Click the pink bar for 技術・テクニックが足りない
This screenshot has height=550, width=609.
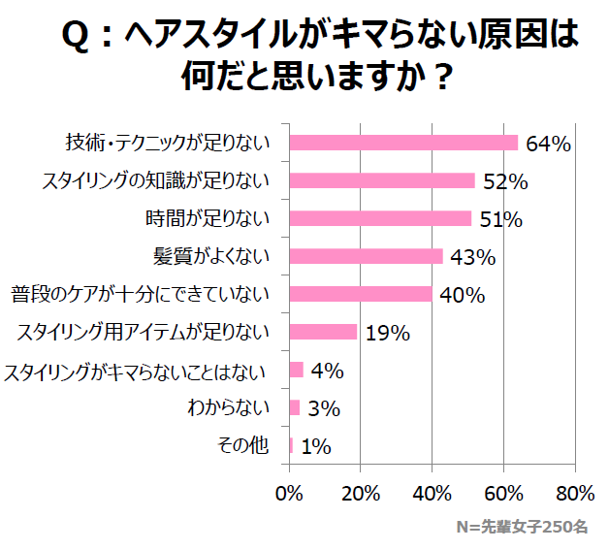click(x=403, y=143)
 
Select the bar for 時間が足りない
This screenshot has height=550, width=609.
click(x=380, y=218)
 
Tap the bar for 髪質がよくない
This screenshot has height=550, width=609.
click(x=366, y=256)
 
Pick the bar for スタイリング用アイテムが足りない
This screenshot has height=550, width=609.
click(x=323, y=332)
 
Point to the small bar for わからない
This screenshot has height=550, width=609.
click(x=295, y=407)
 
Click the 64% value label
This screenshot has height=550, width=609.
click(x=548, y=144)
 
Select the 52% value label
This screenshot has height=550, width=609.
click(x=505, y=181)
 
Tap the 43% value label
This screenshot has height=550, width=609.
click(x=473, y=257)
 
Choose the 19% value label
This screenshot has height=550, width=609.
click(x=388, y=333)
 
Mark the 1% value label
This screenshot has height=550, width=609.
click(x=316, y=446)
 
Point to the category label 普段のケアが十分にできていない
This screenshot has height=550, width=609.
click(x=141, y=294)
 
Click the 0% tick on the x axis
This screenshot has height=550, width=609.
click(x=290, y=492)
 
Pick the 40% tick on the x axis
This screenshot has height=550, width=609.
click(x=433, y=492)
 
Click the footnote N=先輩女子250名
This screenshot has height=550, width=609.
click(x=522, y=528)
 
